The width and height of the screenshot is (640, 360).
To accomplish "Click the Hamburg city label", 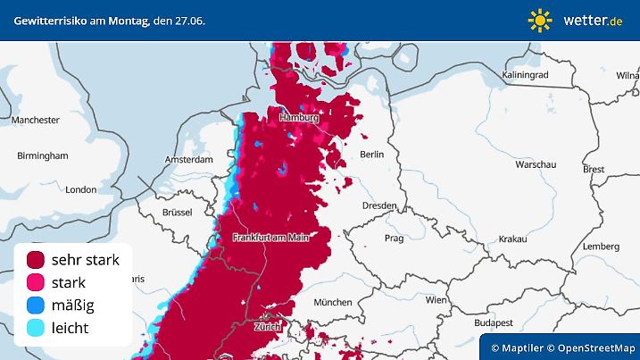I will point(299,118).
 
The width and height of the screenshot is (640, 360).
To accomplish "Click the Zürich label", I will point(267,327).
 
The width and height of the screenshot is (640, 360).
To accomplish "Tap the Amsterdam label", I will point(187,159).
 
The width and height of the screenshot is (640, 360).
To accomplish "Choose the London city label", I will point(80,189).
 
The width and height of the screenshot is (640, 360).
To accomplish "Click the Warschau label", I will point(536,165).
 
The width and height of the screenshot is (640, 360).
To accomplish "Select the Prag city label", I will point(395,239).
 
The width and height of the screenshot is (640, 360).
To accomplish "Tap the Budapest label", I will point(491,322).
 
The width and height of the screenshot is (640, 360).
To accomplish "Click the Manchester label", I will point(36,120).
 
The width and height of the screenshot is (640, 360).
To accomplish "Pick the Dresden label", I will point(378,205).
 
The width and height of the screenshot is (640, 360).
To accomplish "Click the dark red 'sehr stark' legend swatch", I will point(37,260).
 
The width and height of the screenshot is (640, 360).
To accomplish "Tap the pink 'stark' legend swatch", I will point(37,283).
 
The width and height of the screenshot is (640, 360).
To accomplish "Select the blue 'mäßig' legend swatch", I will point(37,306).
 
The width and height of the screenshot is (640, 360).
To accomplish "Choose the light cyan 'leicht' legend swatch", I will point(37,329).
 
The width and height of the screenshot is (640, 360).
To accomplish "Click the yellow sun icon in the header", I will point(540,20).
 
